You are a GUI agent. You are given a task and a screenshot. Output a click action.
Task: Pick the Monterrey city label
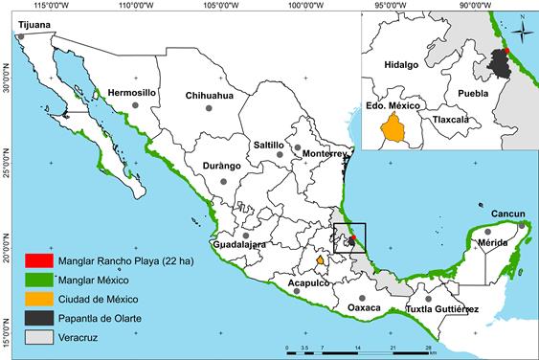[x=323, y=153]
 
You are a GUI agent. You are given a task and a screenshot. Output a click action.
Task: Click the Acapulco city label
[x=303, y=284]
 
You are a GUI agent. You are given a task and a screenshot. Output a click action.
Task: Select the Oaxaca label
[x=364, y=307]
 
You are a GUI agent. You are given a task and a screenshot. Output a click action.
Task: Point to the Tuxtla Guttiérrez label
[x=442, y=309]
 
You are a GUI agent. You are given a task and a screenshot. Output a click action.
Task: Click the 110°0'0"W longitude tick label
[x=132, y=5]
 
